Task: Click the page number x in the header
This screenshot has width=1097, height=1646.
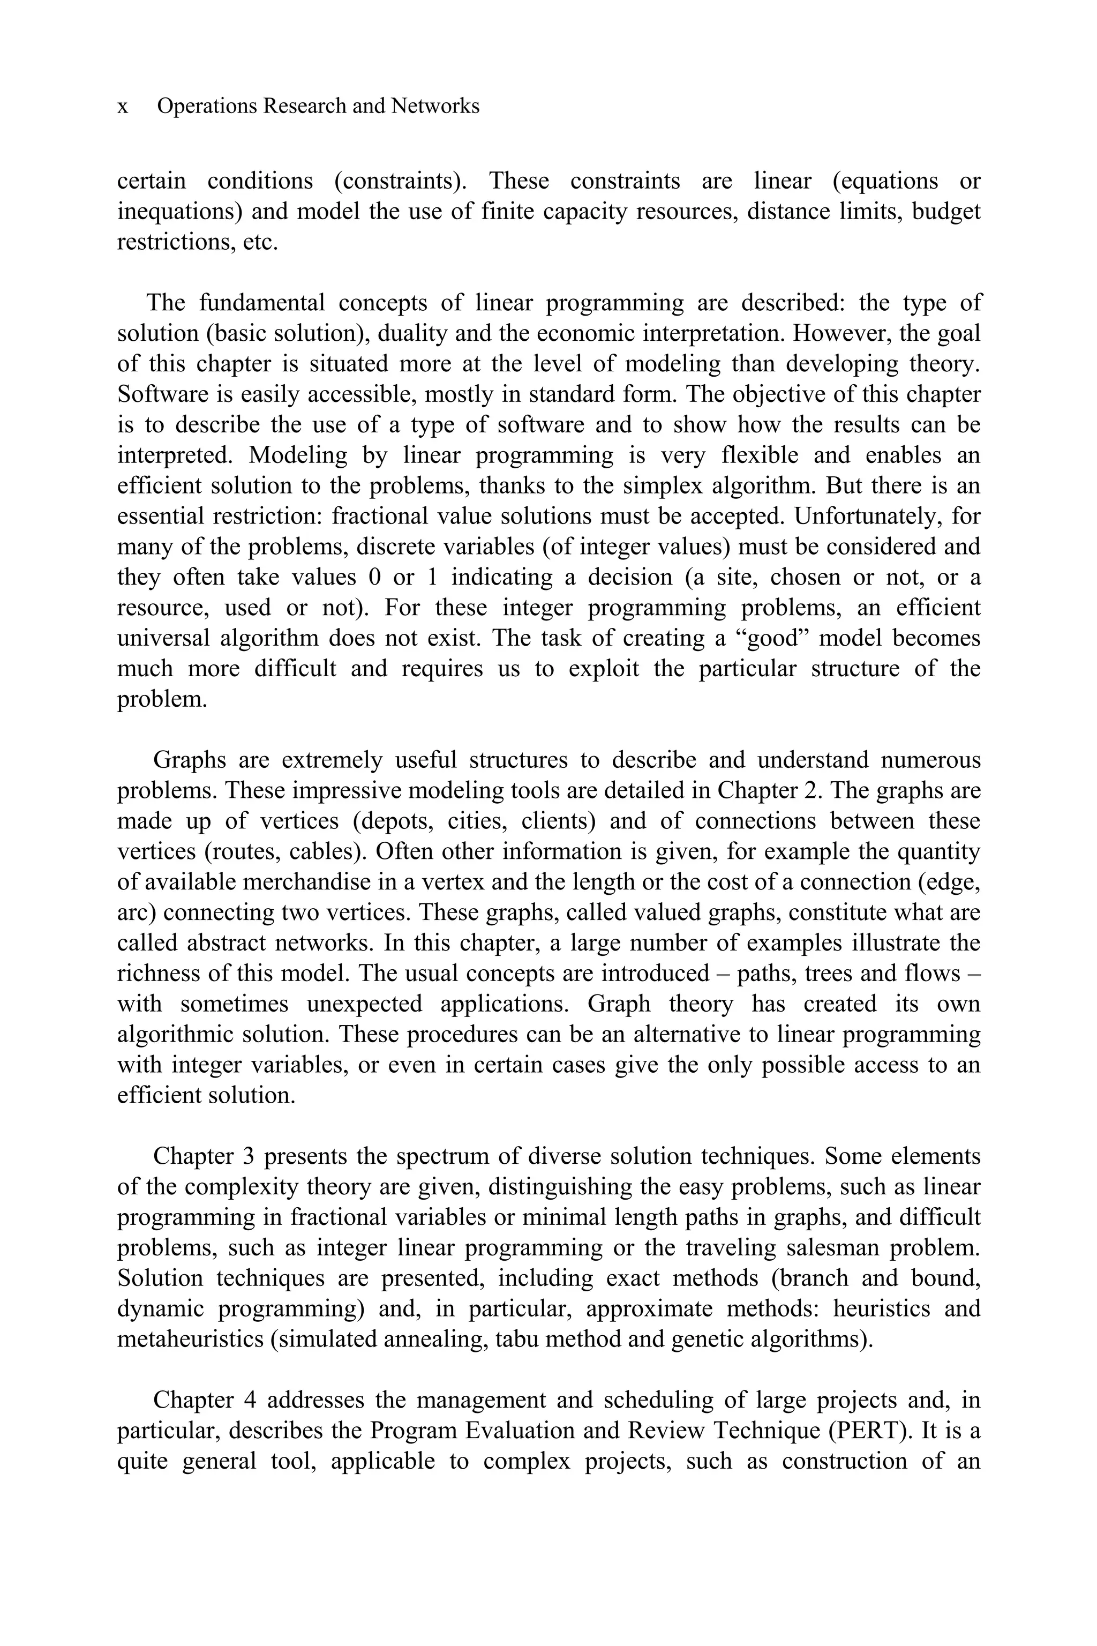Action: click(x=123, y=107)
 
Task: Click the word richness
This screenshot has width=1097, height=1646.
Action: click(x=155, y=974)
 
